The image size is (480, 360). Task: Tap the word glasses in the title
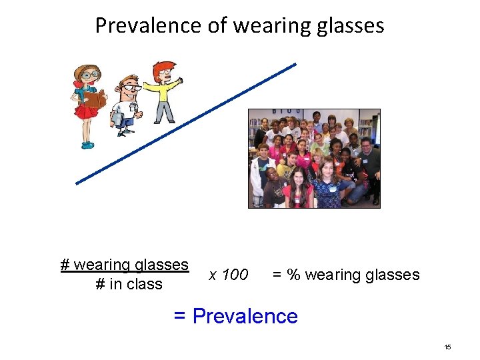(x=351, y=25)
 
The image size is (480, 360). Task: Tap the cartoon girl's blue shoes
(x=87, y=143)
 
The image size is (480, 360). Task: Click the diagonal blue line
(x=187, y=123)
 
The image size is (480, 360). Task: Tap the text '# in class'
(x=129, y=284)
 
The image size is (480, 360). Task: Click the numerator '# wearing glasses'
(x=125, y=265)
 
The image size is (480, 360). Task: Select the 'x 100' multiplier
(x=228, y=275)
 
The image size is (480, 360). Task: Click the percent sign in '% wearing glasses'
(x=293, y=275)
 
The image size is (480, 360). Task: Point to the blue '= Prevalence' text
(x=235, y=315)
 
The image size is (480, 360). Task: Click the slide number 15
(x=447, y=347)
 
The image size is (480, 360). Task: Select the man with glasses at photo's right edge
(x=368, y=160)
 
